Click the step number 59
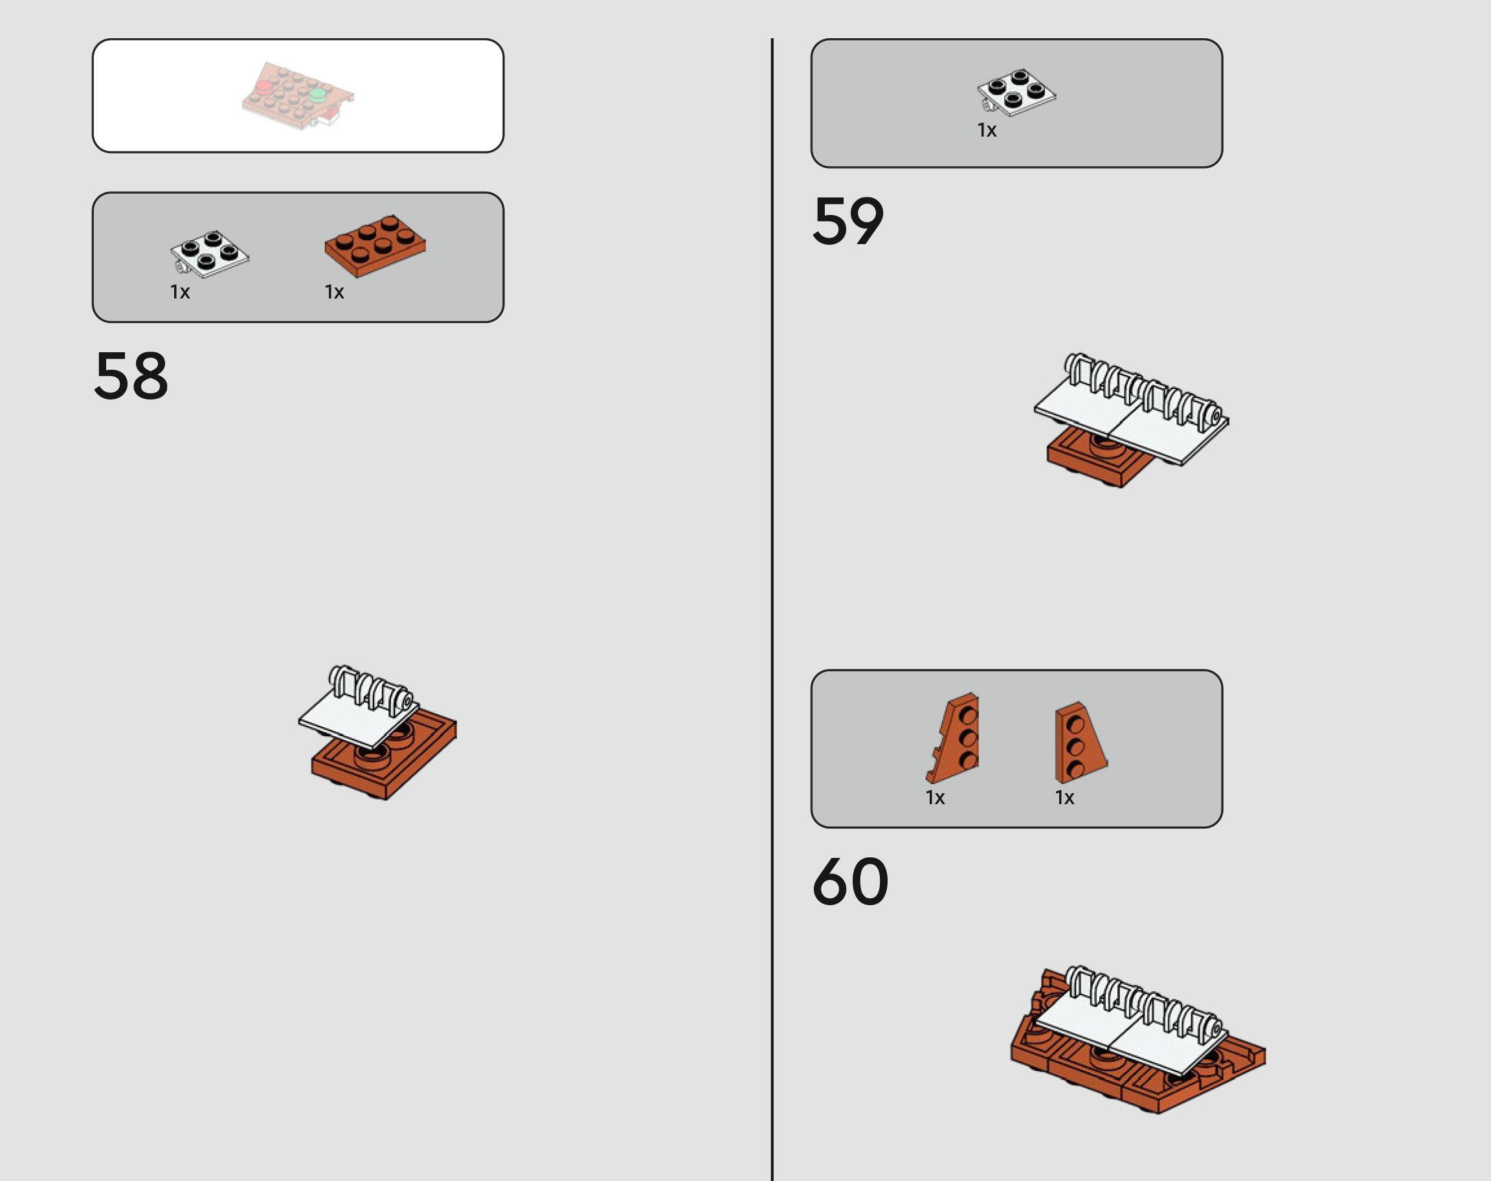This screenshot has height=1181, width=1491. click(848, 221)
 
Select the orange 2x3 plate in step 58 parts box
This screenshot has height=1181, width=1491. click(376, 245)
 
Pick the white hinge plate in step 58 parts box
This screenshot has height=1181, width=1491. click(210, 254)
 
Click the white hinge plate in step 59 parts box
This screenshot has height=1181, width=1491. click(1016, 91)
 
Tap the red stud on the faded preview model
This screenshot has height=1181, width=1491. click(263, 88)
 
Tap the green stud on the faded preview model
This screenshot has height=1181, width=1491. click(317, 95)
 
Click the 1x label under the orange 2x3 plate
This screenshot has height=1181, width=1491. click(335, 292)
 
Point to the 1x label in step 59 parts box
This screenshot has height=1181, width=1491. click(987, 130)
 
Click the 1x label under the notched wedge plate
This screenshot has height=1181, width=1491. click(936, 798)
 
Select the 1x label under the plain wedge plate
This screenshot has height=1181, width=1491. click(1064, 798)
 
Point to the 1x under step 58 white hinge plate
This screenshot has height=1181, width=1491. click(181, 292)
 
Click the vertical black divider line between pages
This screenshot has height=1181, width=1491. click(772, 609)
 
